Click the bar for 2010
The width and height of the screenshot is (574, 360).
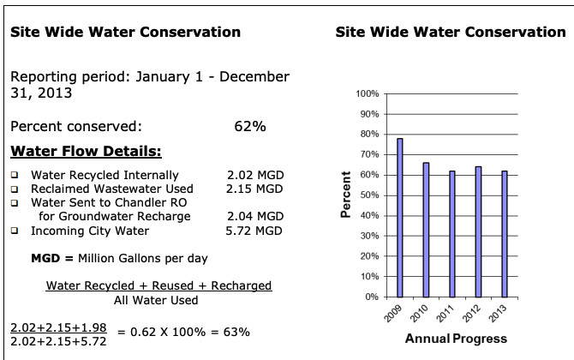pos(426,230)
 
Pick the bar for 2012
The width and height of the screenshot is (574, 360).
pos(477,231)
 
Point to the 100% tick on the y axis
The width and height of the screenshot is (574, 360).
pos(368,93)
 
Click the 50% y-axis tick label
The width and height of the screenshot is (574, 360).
pos(370,195)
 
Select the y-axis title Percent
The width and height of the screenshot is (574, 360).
pos(347,195)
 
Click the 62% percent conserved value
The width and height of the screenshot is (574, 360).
pos(249,127)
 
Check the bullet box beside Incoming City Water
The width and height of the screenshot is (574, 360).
pos(14,231)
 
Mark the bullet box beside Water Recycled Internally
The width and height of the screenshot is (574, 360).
pos(14,175)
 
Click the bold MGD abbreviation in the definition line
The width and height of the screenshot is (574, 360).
pos(44,258)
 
